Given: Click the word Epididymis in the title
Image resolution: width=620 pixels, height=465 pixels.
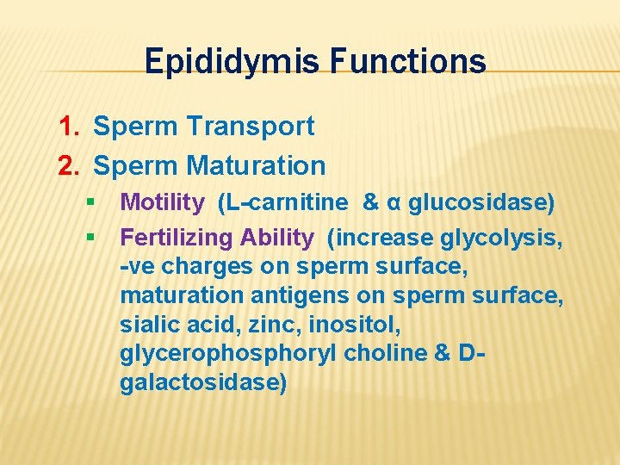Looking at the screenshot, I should (221, 62).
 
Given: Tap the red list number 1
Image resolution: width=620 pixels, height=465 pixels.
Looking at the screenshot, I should (68, 127).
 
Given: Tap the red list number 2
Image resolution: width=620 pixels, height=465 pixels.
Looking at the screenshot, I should (68, 164).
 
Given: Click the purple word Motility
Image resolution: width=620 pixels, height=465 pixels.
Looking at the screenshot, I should (163, 202).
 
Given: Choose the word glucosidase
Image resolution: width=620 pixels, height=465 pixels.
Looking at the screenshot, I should (476, 202).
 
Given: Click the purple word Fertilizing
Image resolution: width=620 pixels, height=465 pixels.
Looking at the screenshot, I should (177, 237).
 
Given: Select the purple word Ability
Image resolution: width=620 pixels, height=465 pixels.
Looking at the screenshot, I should (277, 237).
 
